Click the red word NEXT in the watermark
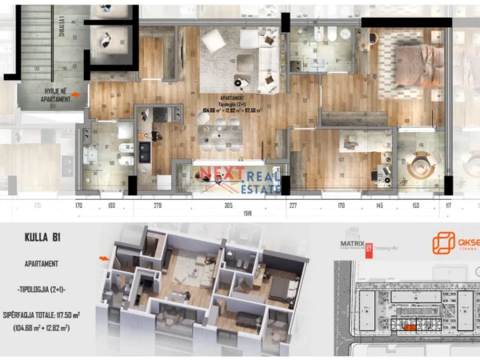[219, 174]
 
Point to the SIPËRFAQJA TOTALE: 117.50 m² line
[50, 314]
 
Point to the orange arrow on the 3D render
[102, 258]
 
